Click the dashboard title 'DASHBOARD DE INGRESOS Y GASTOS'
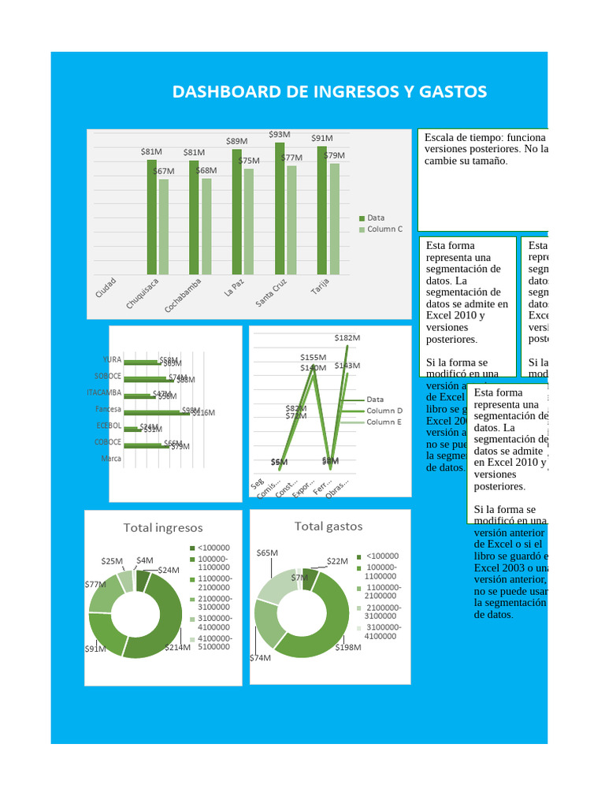point(329,92)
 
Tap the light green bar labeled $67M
point(164,225)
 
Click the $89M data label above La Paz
point(236,141)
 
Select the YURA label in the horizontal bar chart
point(113,359)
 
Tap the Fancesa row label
point(109,409)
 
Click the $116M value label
point(203,413)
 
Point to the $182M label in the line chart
point(347,337)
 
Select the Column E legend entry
point(384,422)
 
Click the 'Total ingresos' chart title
point(163,528)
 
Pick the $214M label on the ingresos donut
point(177,648)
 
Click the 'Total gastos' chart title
point(328,526)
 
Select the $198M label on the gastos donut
point(347,647)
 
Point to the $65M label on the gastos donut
point(267,553)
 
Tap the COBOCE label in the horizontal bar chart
point(109,442)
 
